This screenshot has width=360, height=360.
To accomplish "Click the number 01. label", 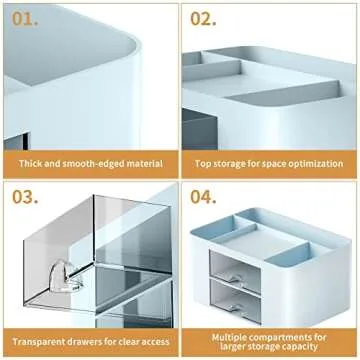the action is pyautogui.click(x=25, y=19).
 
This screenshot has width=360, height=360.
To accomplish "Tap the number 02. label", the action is pyautogui.click(x=203, y=19).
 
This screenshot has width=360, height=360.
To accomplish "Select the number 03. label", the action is pyautogui.click(x=25, y=197).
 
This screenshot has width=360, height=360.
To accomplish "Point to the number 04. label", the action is pyautogui.click(x=203, y=197).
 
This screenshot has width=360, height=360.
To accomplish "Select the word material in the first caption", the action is pyautogui.click(x=144, y=164).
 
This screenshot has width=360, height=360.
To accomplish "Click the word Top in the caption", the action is pyautogui.click(x=202, y=164).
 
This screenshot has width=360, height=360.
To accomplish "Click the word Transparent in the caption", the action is pyautogui.click(x=36, y=342).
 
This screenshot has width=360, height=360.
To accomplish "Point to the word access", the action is pyautogui.click(x=155, y=342).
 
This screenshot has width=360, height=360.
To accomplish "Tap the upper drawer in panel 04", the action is pyautogui.click(x=235, y=272).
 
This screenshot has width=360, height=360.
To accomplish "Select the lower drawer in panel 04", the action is pyautogui.click(x=235, y=301).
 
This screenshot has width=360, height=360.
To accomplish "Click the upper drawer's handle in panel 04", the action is pyautogui.click(x=237, y=278).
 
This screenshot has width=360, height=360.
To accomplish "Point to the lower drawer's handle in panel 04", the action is pyautogui.click(x=237, y=307).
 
